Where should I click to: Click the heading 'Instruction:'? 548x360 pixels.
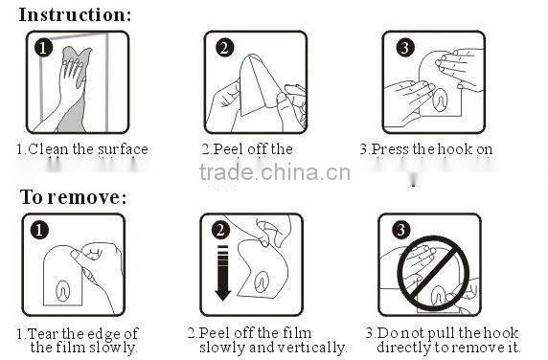pos(76,14)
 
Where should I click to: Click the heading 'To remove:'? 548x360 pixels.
pos(74,197)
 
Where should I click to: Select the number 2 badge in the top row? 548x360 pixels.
pos(224,48)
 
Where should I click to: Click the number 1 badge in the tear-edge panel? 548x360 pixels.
pos(38,230)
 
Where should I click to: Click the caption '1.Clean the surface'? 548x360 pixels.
pos(81,149)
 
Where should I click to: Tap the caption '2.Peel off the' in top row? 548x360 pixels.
pos(247,149)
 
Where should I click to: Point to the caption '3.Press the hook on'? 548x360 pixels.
pos(426,149)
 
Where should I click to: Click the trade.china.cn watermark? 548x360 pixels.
pos(275,173)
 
